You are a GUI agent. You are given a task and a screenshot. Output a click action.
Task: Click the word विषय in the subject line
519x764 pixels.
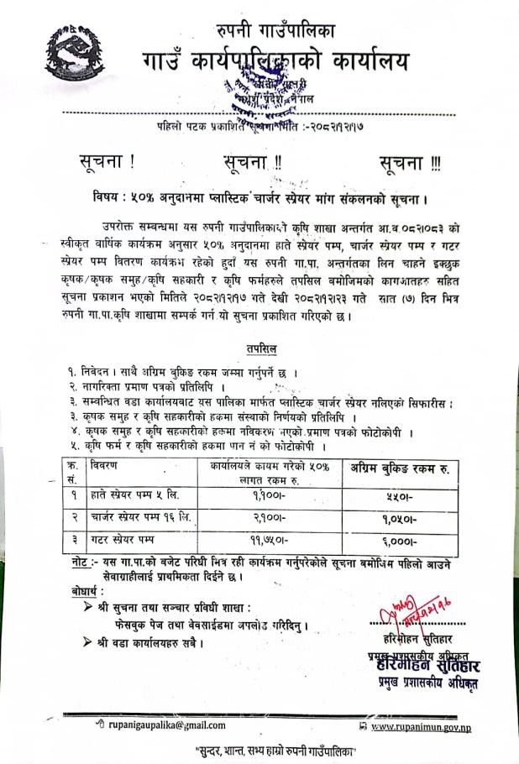110,199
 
